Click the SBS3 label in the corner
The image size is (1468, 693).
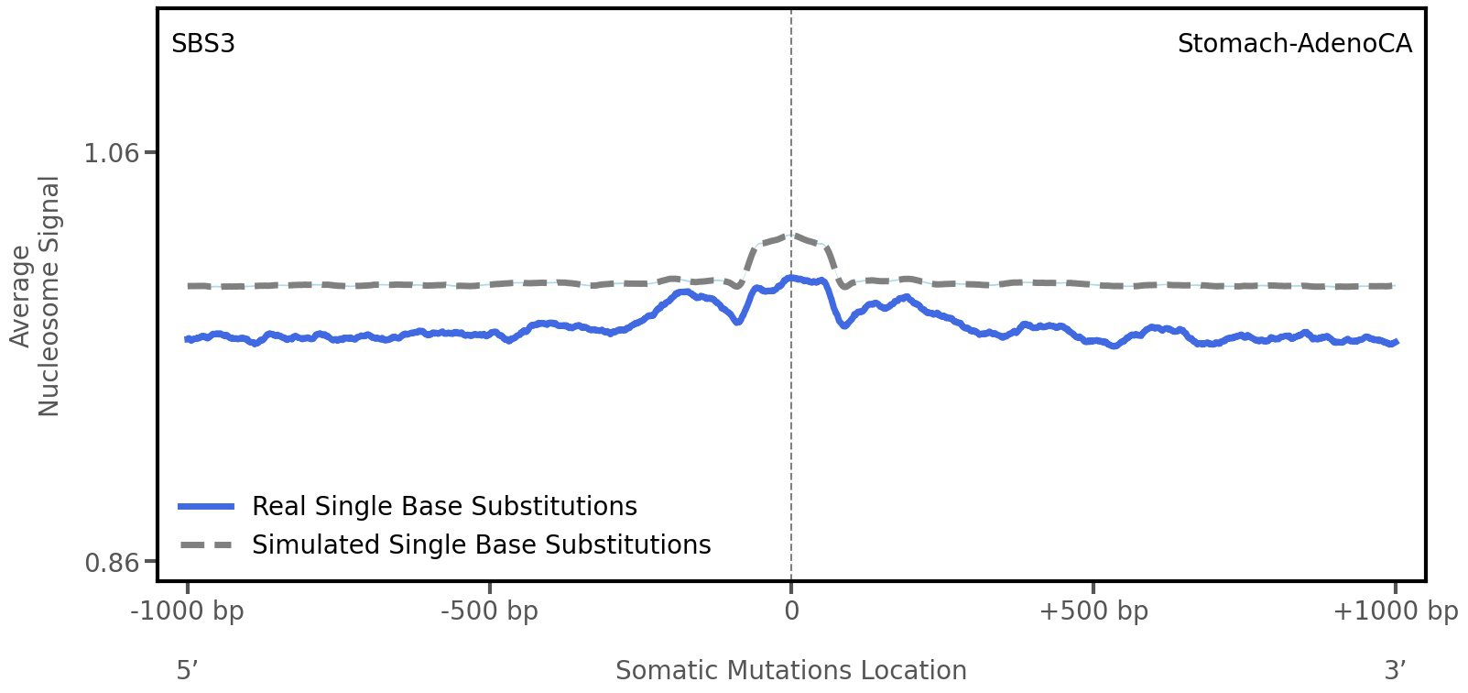pyautogui.click(x=203, y=44)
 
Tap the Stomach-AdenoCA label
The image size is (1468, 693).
pyautogui.click(x=1294, y=44)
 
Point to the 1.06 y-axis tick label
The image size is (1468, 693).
pyautogui.click(x=111, y=152)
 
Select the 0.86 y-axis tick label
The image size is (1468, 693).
pyautogui.click(x=111, y=561)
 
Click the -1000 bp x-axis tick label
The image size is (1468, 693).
pyautogui.click(x=188, y=611)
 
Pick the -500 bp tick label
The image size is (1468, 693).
pyautogui.click(x=489, y=611)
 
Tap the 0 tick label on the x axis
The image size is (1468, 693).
pyautogui.click(x=791, y=611)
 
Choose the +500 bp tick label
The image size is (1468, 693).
pyautogui.click(x=1093, y=611)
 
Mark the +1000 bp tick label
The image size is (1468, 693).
pyautogui.click(x=1395, y=611)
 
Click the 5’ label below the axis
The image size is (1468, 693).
pyautogui.click(x=187, y=670)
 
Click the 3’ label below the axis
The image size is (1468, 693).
pyautogui.click(x=1395, y=670)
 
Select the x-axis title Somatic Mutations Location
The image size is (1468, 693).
pyautogui.click(x=791, y=670)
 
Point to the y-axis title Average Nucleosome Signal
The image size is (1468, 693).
pyautogui.click(x=36, y=296)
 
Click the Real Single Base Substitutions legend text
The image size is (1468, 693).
pyautogui.click(x=444, y=506)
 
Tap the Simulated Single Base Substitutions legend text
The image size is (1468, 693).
pyautogui.click(x=481, y=544)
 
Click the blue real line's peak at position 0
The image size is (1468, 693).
pyautogui.click(x=791, y=277)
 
